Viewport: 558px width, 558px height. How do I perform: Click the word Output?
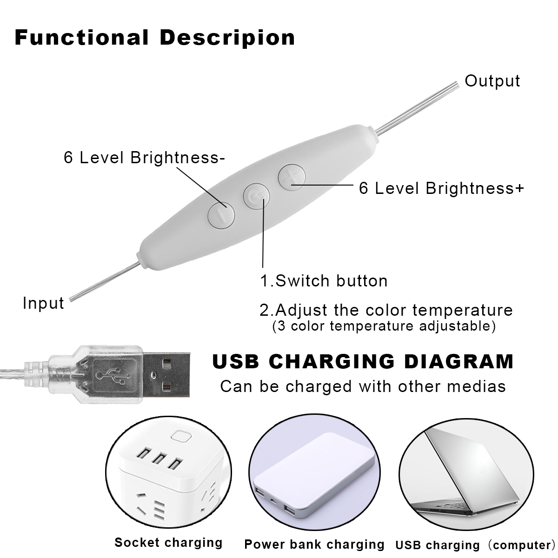tap(492, 81)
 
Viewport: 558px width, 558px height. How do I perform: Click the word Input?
tap(43, 303)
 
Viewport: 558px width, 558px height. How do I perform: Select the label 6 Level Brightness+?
tap(441, 188)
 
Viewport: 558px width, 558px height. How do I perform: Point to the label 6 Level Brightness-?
tap(144, 158)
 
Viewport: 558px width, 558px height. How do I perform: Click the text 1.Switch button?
tap(324, 281)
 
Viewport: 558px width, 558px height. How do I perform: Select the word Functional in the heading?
tap(82, 38)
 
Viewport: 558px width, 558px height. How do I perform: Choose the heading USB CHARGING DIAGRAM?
tap(363, 362)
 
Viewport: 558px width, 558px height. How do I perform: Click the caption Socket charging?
tap(168, 543)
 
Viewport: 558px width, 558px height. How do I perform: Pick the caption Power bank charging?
tap(314, 544)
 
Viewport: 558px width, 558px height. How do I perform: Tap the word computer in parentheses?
tap(521, 545)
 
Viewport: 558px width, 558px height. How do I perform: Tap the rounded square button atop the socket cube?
tap(179, 437)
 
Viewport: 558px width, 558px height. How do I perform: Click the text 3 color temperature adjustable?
tap(383, 326)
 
